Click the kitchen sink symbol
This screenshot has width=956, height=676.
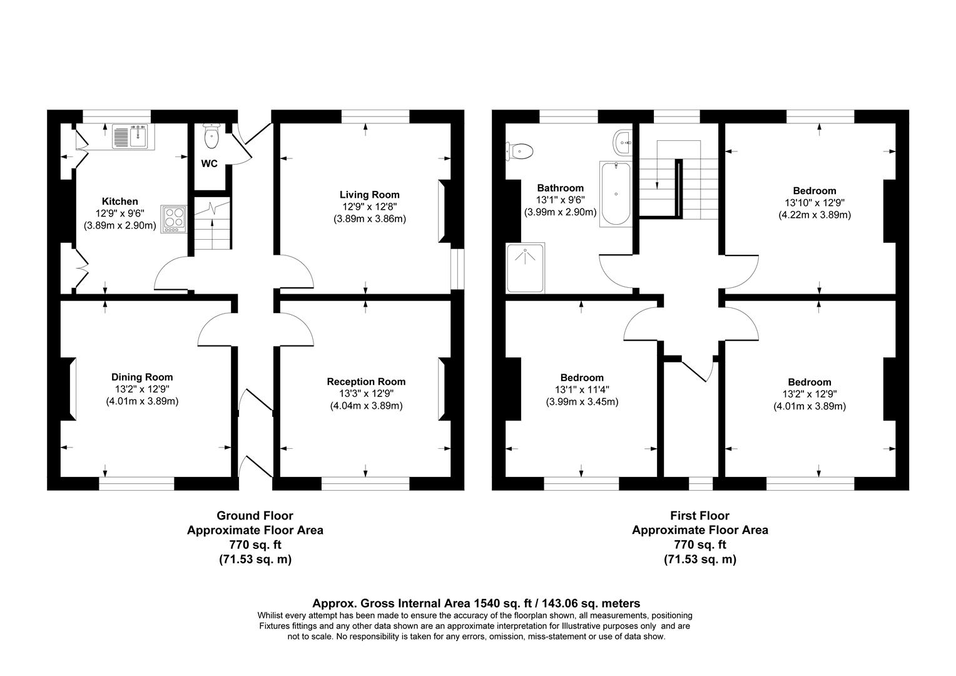click(x=129, y=137)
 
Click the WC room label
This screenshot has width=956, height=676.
click(x=210, y=164)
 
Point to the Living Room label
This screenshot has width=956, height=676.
click(x=369, y=195)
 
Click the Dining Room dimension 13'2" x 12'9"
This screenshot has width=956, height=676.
click(x=142, y=389)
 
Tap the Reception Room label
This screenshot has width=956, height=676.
click(x=366, y=382)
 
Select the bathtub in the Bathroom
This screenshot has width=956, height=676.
click(x=615, y=193)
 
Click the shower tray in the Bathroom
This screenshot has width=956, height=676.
click(x=526, y=269)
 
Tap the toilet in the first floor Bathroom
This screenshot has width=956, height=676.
click(x=521, y=150)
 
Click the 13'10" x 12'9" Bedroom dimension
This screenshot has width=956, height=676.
click(x=814, y=203)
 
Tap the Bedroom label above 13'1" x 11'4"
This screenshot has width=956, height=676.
click(x=582, y=377)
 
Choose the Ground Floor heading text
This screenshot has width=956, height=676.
click(x=255, y=516)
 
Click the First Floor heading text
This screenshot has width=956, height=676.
click(x=699, y=516)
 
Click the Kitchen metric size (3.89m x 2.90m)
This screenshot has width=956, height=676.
click(x=119, y=225)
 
